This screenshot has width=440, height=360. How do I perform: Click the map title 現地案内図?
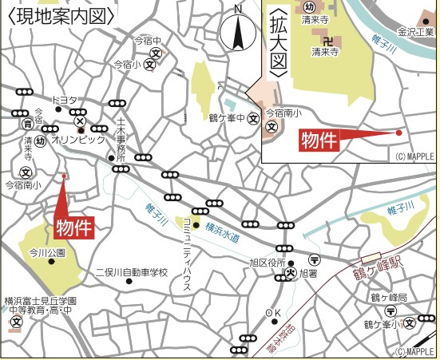coord(61,14)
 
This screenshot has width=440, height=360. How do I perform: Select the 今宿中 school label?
coord(148,40)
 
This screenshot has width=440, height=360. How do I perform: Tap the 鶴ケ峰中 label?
coord(227,119)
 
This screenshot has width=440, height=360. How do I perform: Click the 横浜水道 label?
coord(222,231)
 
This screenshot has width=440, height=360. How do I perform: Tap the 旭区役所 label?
coord(268,262)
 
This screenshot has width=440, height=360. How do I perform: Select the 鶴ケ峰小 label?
coord(381,324)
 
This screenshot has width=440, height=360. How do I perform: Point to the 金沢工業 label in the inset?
coord(415,34)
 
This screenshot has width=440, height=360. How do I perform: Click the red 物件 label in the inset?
coord(319,141)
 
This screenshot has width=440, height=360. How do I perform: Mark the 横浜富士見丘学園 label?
coord(40,301)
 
